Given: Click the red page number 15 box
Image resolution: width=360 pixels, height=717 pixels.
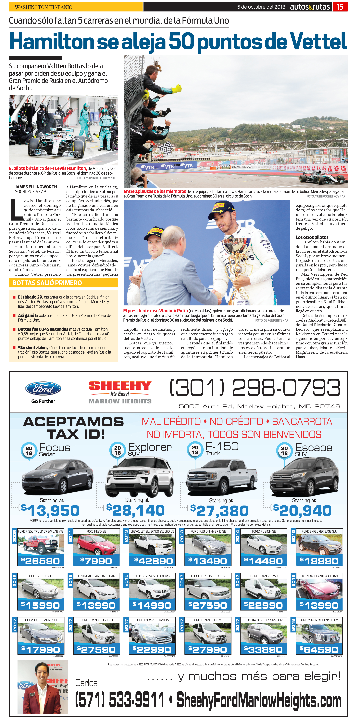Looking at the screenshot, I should tap(340, 7).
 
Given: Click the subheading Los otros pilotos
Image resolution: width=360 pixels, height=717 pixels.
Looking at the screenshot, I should tap(312, 237).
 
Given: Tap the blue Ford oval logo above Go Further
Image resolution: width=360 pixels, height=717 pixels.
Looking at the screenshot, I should tap(43, 389).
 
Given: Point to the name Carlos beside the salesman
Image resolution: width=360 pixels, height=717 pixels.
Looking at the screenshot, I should tap(86, 683).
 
